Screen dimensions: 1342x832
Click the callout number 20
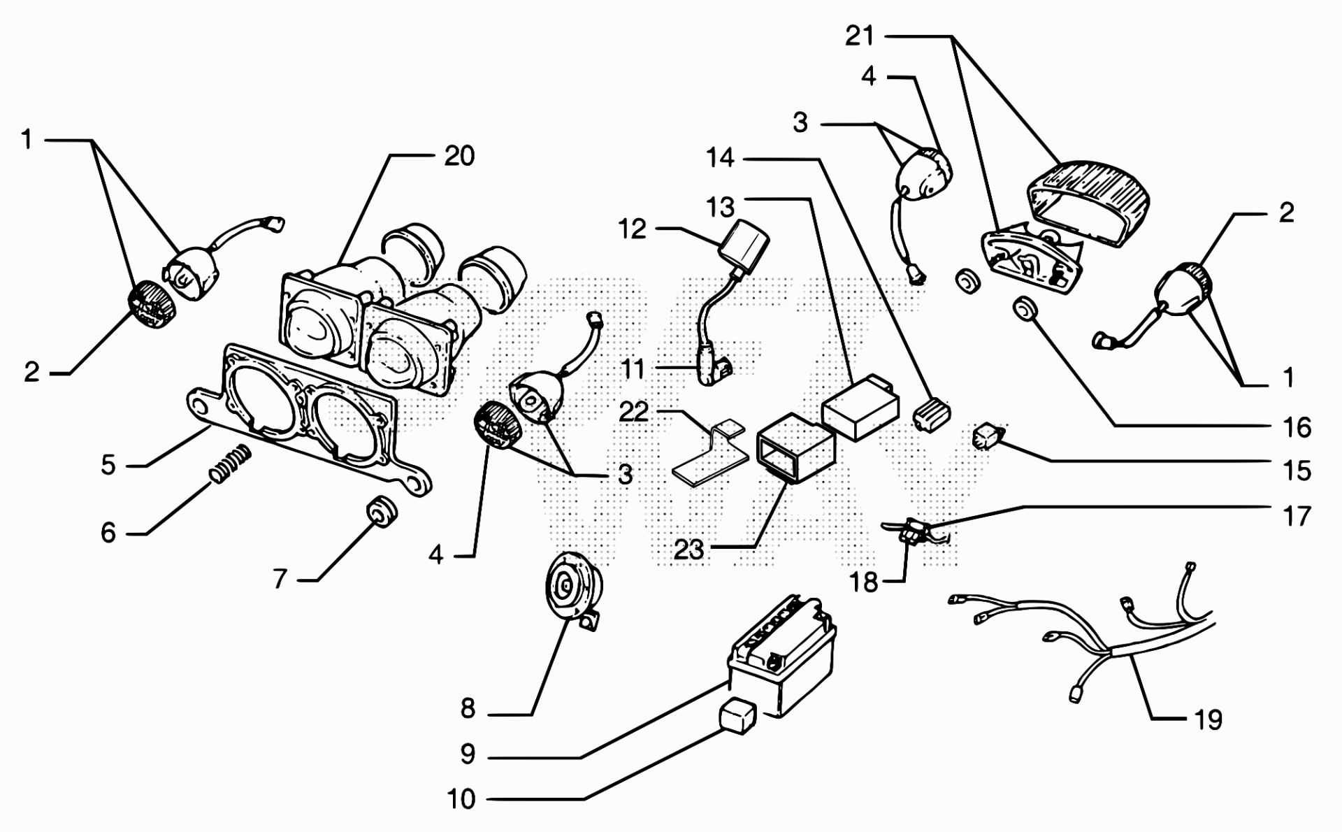tap(459, 156)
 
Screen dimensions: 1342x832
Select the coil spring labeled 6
tap(231, 462)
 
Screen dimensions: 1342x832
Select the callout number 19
tap(1208, 719)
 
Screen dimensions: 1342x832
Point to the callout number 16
tap(1297, 427)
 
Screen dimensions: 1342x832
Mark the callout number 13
tap(720, 208)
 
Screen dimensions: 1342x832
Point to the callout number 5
tap(108, 465)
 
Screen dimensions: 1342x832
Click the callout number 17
tap(1296, 517)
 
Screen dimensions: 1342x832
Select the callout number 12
tap(632, 229)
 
